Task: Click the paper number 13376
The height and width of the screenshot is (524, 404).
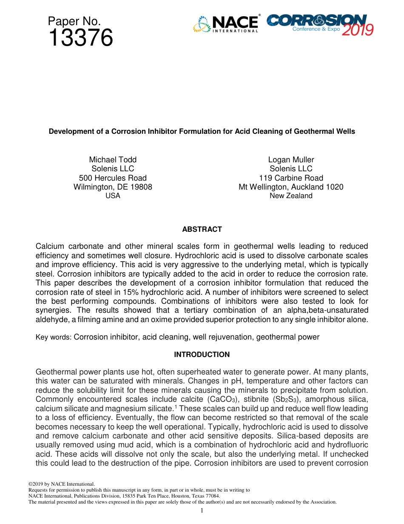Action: [x=80, y=38]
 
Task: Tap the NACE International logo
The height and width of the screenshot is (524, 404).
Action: [x=226, y=24]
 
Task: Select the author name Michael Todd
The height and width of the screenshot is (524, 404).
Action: [x=113, y=160]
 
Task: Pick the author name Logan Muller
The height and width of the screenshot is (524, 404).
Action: [x=291, y=160]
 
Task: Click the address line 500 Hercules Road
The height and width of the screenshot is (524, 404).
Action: [x=113, y=178]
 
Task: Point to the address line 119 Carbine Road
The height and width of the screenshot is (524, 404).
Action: [x=291, y=178]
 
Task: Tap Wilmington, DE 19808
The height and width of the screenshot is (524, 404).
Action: [x=113, y=187]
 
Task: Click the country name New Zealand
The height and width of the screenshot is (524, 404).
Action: [x=291, y=196]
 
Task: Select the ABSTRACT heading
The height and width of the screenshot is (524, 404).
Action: [x=202, y=229]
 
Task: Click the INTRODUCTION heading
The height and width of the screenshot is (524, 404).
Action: [x=202, y=354]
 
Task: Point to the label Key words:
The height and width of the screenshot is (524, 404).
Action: [x=54, y=337]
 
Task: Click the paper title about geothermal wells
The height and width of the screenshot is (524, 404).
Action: [x=202, y=131]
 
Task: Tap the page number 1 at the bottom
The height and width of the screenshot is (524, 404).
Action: [x=202, y=511]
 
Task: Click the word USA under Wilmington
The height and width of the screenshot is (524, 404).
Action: [x=113, y=196]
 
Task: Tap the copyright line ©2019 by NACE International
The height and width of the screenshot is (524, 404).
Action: [x=61, y=484]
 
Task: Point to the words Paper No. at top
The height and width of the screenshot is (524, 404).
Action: [x=74, y=21]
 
